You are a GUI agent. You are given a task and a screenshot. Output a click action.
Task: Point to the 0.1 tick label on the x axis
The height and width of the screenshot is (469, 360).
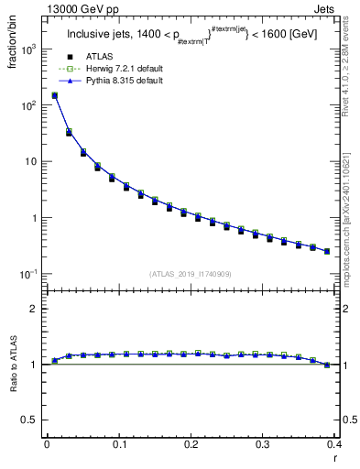118,445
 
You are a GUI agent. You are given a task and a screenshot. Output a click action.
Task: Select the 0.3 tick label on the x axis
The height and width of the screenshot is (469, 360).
262,445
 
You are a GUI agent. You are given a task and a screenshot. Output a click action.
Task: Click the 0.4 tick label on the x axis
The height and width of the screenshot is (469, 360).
333,445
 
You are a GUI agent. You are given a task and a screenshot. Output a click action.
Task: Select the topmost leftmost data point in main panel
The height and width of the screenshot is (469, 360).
54,95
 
